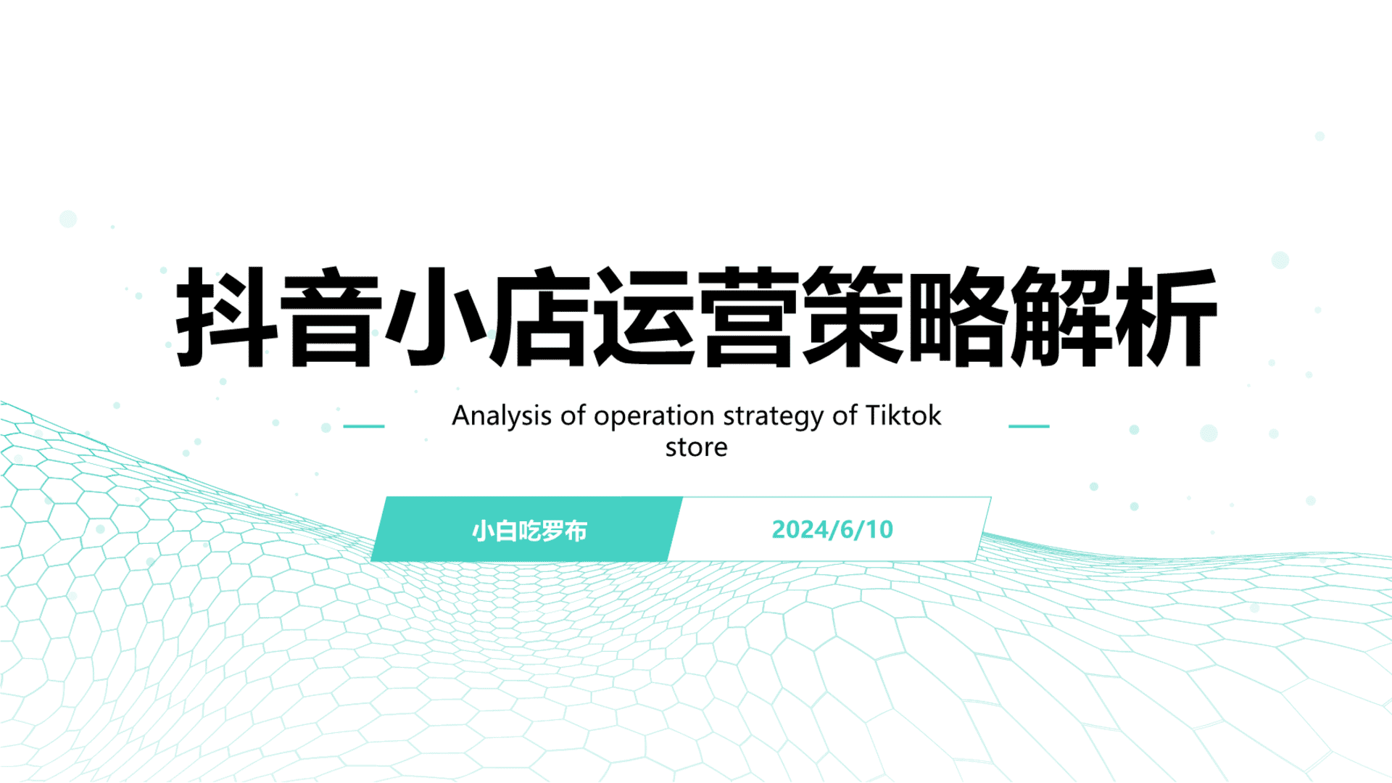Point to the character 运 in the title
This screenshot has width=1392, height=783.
[x=644, y=318]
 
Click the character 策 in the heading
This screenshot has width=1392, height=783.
[x=853, y=318]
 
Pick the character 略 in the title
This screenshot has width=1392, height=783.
[x=957, y=318]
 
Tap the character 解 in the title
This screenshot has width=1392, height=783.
[x=1061, y=318]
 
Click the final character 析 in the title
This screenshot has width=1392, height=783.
[x=1166, y=318]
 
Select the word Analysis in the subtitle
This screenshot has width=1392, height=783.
[x=502, y=416]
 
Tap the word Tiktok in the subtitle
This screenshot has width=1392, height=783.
[x=903, y=415]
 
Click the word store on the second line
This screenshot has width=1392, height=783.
[x=696, y=447]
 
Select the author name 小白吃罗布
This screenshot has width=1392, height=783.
[x=529, y=531]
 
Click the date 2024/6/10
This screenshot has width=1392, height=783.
[x=832, y=530]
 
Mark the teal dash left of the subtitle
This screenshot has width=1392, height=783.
[x=363, y=426]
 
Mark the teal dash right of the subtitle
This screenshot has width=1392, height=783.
[x=1029, y=426]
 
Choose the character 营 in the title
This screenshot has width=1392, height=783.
[x=748, y=318]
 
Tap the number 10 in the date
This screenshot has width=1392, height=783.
[x=879, y=530]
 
